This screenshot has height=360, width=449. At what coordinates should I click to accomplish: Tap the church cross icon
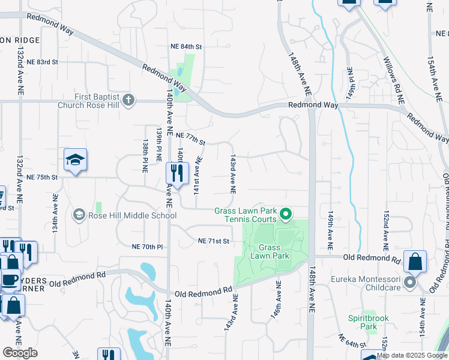point(128,100)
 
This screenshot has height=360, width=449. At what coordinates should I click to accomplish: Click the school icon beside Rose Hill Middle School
point(79,215)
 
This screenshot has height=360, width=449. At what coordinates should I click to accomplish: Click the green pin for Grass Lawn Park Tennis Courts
point(286,214)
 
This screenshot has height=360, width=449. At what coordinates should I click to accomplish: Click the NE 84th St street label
point(187,46)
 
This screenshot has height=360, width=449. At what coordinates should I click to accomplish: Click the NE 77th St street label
point(191,139)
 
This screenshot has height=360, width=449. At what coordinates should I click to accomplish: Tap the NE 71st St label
point(214,241)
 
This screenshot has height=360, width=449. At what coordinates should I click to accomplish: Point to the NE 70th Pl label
point(147,247)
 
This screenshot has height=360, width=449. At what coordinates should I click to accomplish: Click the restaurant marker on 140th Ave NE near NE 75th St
point(177,174)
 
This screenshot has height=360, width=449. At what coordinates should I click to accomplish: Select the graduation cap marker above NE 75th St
point(76,160)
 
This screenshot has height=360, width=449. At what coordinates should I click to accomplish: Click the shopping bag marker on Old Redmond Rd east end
point(415,262)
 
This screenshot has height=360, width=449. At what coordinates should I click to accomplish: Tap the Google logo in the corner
point(20,353)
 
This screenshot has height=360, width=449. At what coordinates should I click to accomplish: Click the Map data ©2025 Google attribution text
point(412,355)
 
